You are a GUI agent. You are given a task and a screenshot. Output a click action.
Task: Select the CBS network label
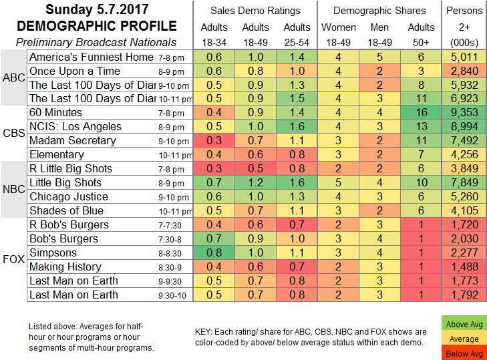tap(13, 134)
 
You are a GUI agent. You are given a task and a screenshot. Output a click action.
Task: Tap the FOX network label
tap(13, 259)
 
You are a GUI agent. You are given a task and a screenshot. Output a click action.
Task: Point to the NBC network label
tap(13, 190)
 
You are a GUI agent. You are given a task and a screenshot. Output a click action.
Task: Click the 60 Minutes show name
tap(55, 113)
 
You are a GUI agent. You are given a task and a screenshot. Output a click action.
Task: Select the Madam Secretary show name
tap(73, 141)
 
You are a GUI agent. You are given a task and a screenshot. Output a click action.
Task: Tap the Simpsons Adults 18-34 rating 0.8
tap(214, 252)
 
